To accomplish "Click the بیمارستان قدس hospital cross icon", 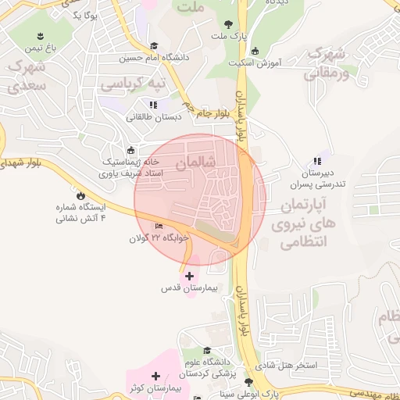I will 189,276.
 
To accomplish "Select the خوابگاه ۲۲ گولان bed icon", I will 159,227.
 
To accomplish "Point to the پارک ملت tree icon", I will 227,24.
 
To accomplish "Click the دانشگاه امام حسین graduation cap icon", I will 154,46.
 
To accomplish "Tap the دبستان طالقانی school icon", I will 152,104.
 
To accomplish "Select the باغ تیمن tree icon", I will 40,36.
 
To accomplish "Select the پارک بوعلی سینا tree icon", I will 248,382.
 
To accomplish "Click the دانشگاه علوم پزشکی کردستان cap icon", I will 207,351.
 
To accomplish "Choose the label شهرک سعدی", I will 28,75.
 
